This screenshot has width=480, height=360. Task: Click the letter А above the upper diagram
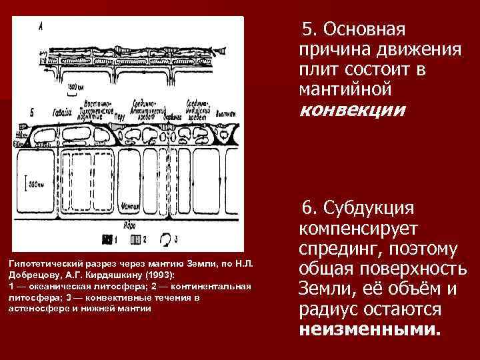pos(41,27)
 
